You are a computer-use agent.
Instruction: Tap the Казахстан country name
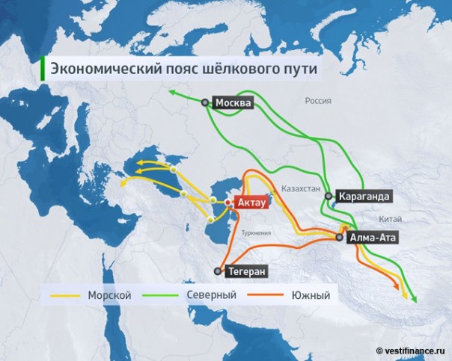[301, 189]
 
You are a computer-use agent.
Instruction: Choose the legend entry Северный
[216, 296]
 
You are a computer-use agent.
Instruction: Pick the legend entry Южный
[310, 296]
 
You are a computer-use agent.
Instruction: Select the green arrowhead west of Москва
[171, 92]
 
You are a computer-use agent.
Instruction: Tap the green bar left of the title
[43, 69]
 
